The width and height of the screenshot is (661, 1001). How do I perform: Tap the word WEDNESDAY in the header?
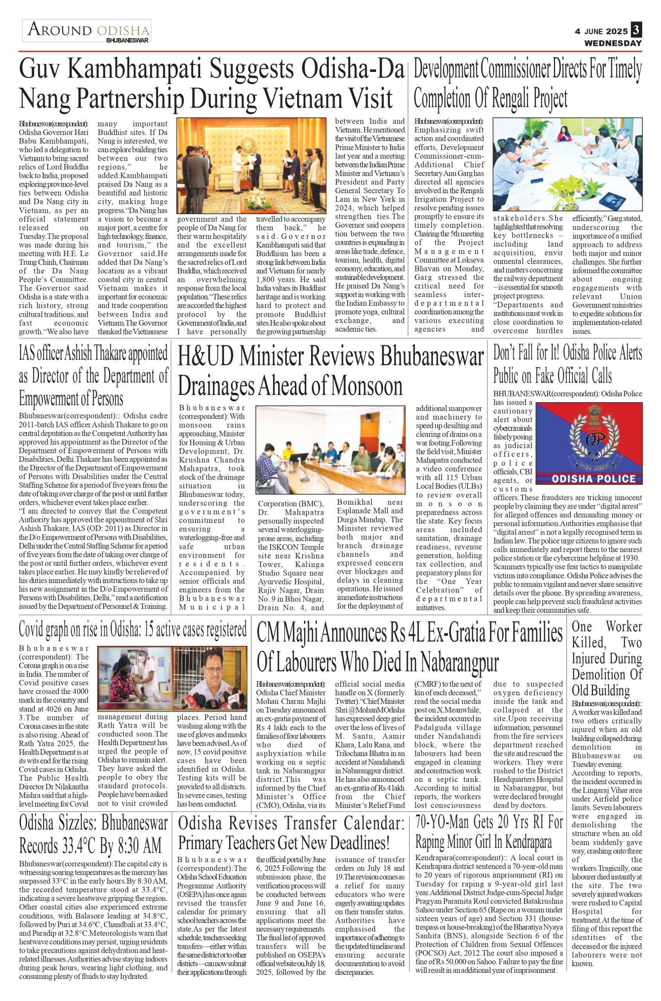tap(613, 43)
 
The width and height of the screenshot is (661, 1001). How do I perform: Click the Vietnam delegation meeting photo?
tap(251, 166)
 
